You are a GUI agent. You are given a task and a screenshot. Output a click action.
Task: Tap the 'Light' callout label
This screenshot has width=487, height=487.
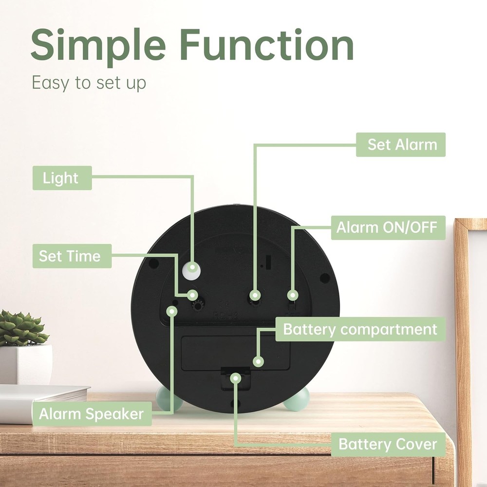pyautogui.click(x=62, y=178)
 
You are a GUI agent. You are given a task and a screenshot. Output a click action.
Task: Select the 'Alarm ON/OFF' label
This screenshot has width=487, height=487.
pyautogui.click(x=388, y=227)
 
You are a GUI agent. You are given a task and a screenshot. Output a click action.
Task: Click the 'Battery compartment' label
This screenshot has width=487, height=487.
pyautogui.click(x=360, y=330)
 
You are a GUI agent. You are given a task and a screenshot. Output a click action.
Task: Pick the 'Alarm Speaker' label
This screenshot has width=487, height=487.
pyautogui.click(x=92, y=414)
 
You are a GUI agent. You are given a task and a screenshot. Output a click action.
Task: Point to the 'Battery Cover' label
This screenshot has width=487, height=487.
pyautogui.click(x=388, y=444)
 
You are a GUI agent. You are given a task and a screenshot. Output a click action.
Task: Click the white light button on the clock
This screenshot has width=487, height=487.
pyautogui.click(x=193, y=268)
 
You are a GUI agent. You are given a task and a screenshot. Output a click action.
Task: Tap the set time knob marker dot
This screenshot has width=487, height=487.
pyautogui.click(x=193, y=295)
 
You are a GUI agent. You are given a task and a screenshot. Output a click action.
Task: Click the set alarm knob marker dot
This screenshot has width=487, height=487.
pyautogui.click(x=254, y=295)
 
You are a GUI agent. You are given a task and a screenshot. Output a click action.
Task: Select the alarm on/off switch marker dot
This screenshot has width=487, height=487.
pyautogui.click(x=292, y=295)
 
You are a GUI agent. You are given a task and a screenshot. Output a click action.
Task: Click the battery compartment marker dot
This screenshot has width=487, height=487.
pyautogui.click(x=259, y=361)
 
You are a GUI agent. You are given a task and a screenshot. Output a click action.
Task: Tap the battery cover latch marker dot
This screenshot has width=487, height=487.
pyautogui.click(x=236, y=377)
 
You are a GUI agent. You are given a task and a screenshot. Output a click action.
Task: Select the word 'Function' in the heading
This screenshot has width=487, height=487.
pyautogui.click(x=266, y=45)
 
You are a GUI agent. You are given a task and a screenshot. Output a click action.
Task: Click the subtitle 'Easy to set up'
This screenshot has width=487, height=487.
pyautogui.click(x=89, y=83)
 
